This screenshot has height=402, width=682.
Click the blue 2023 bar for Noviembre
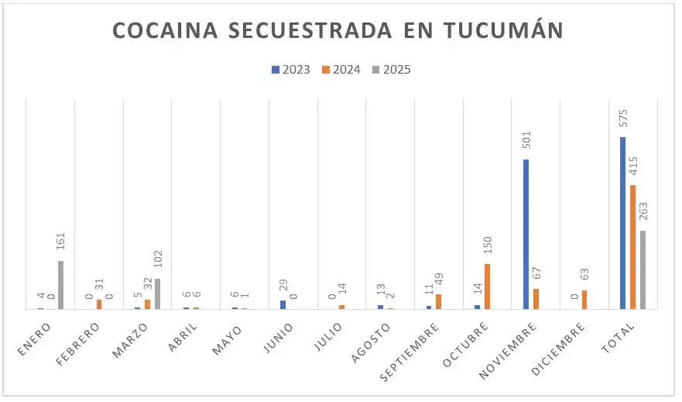tap(526, 234)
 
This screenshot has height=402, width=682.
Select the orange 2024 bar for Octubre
tap(488, 286)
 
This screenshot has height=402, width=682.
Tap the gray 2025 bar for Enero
tap(61, 284)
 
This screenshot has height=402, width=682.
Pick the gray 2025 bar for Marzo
tap(158, 294)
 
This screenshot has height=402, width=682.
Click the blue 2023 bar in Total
tap(623, 223)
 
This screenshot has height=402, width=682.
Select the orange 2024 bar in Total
tap(633, 246)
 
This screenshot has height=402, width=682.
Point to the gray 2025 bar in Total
tap(643, 270)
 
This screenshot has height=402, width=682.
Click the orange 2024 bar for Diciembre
tap(584, 300)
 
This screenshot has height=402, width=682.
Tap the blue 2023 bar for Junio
tap(283, 304)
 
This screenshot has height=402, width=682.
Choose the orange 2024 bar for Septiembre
tap(439, 301)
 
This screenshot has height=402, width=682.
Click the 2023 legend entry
tap(291, 70)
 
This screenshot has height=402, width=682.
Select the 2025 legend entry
tap(392, 70)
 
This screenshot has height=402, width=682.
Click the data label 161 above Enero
tap(61, 243)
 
